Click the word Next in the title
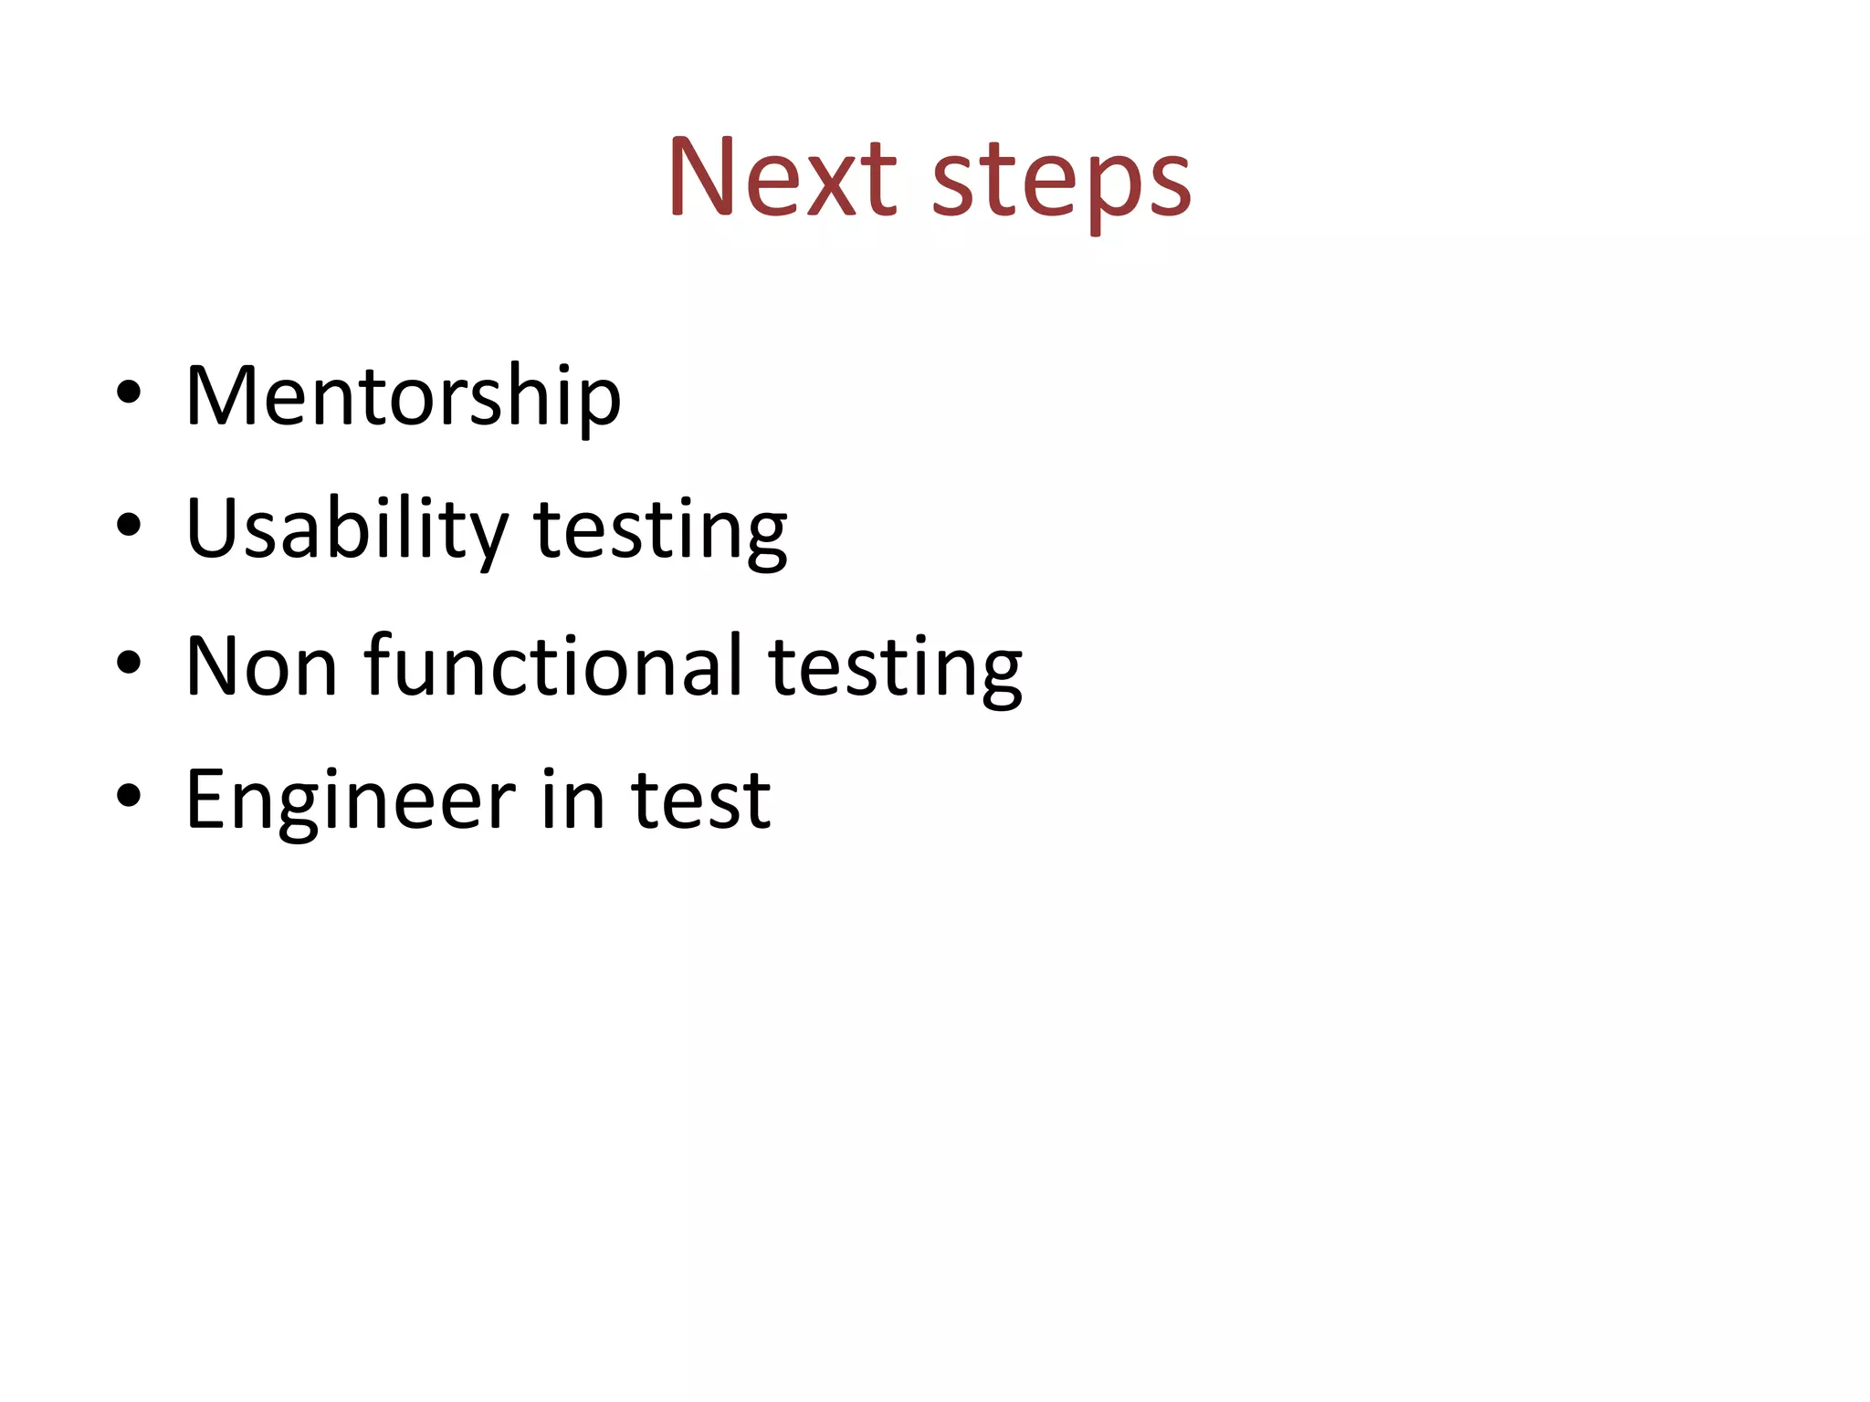[783, 177]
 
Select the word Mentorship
[403, 397]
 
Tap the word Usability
[346, 530]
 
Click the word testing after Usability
[660, 532]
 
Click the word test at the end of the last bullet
[700, 800]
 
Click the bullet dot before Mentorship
[129, 393]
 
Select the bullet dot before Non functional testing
[129, 661]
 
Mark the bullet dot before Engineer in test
[129, 795]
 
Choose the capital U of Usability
[213, 528]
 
